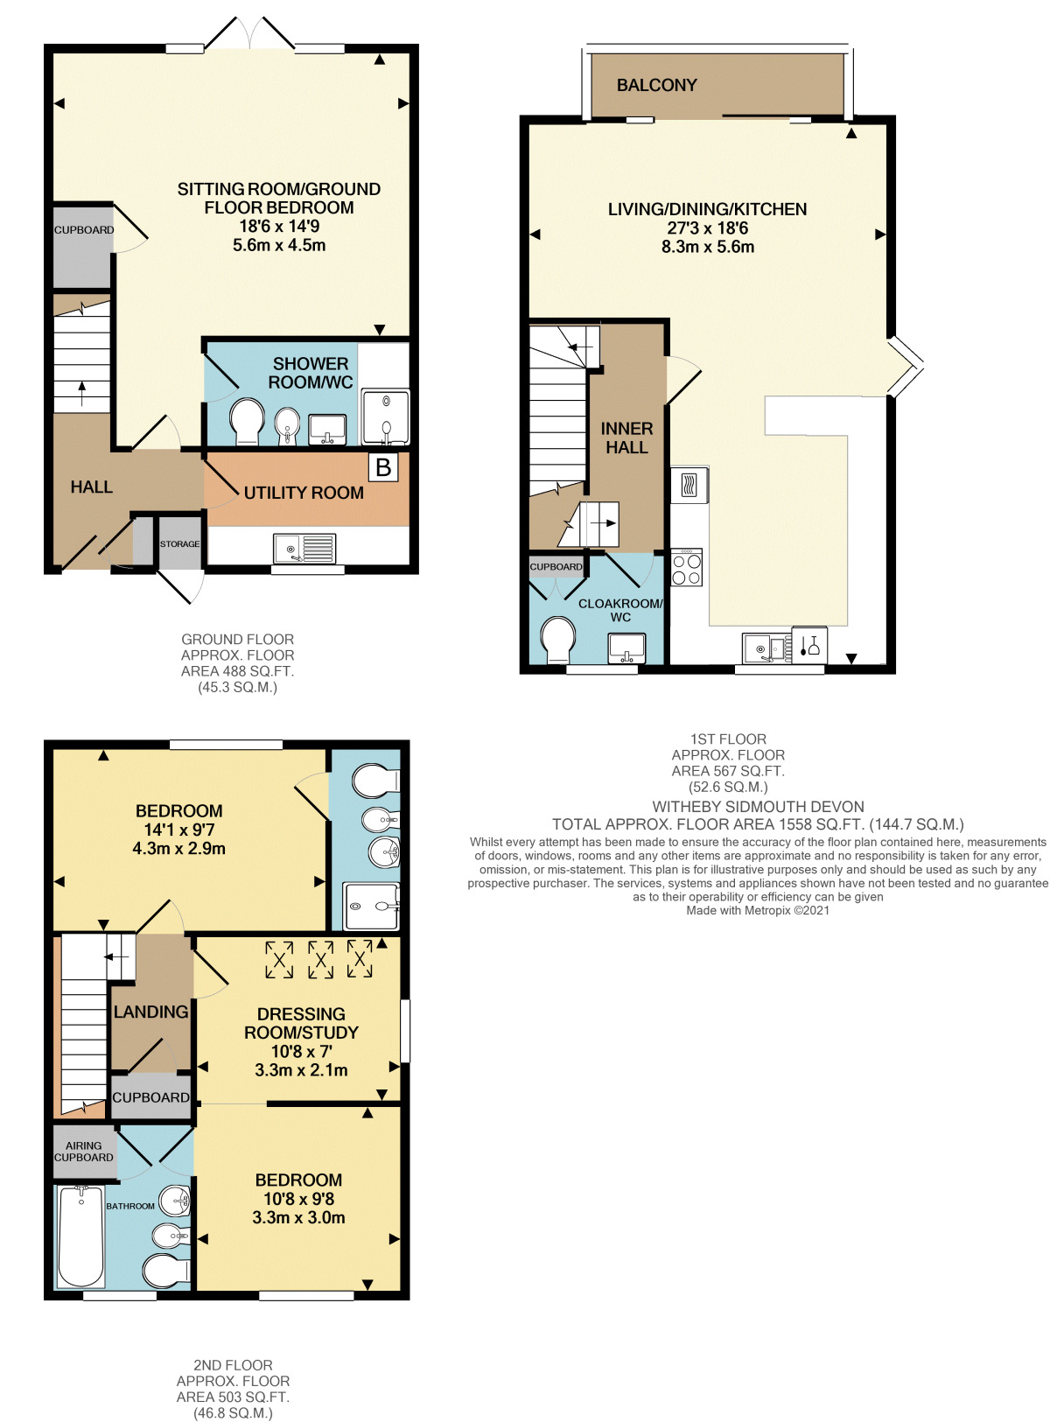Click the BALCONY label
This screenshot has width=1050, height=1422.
pos(655,85)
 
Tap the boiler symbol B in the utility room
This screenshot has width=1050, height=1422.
pos(382,466)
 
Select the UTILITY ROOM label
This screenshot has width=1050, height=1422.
pos(304,493)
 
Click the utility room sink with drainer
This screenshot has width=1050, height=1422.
pos(304,549)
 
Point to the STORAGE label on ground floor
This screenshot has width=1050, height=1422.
pos(179,543)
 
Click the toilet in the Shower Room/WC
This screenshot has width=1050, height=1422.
pos(246,421)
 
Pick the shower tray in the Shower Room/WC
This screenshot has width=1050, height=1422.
pos(385,416)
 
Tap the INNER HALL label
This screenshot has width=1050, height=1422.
pos(626,438)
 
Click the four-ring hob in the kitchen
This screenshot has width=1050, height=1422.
pos(686,567)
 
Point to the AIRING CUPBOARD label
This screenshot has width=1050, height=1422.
pos(83,1151)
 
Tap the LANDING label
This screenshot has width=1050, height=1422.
pos(150,1012)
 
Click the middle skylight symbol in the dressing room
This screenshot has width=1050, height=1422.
pos(320,960)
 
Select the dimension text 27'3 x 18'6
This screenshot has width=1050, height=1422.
pos(707,228)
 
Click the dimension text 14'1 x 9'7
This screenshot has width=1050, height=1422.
pos(178,830)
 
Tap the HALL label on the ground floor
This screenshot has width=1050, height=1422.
pos(91,487)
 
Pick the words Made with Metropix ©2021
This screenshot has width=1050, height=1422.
pos(757,910)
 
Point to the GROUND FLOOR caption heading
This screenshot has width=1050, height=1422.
pos(237,639)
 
